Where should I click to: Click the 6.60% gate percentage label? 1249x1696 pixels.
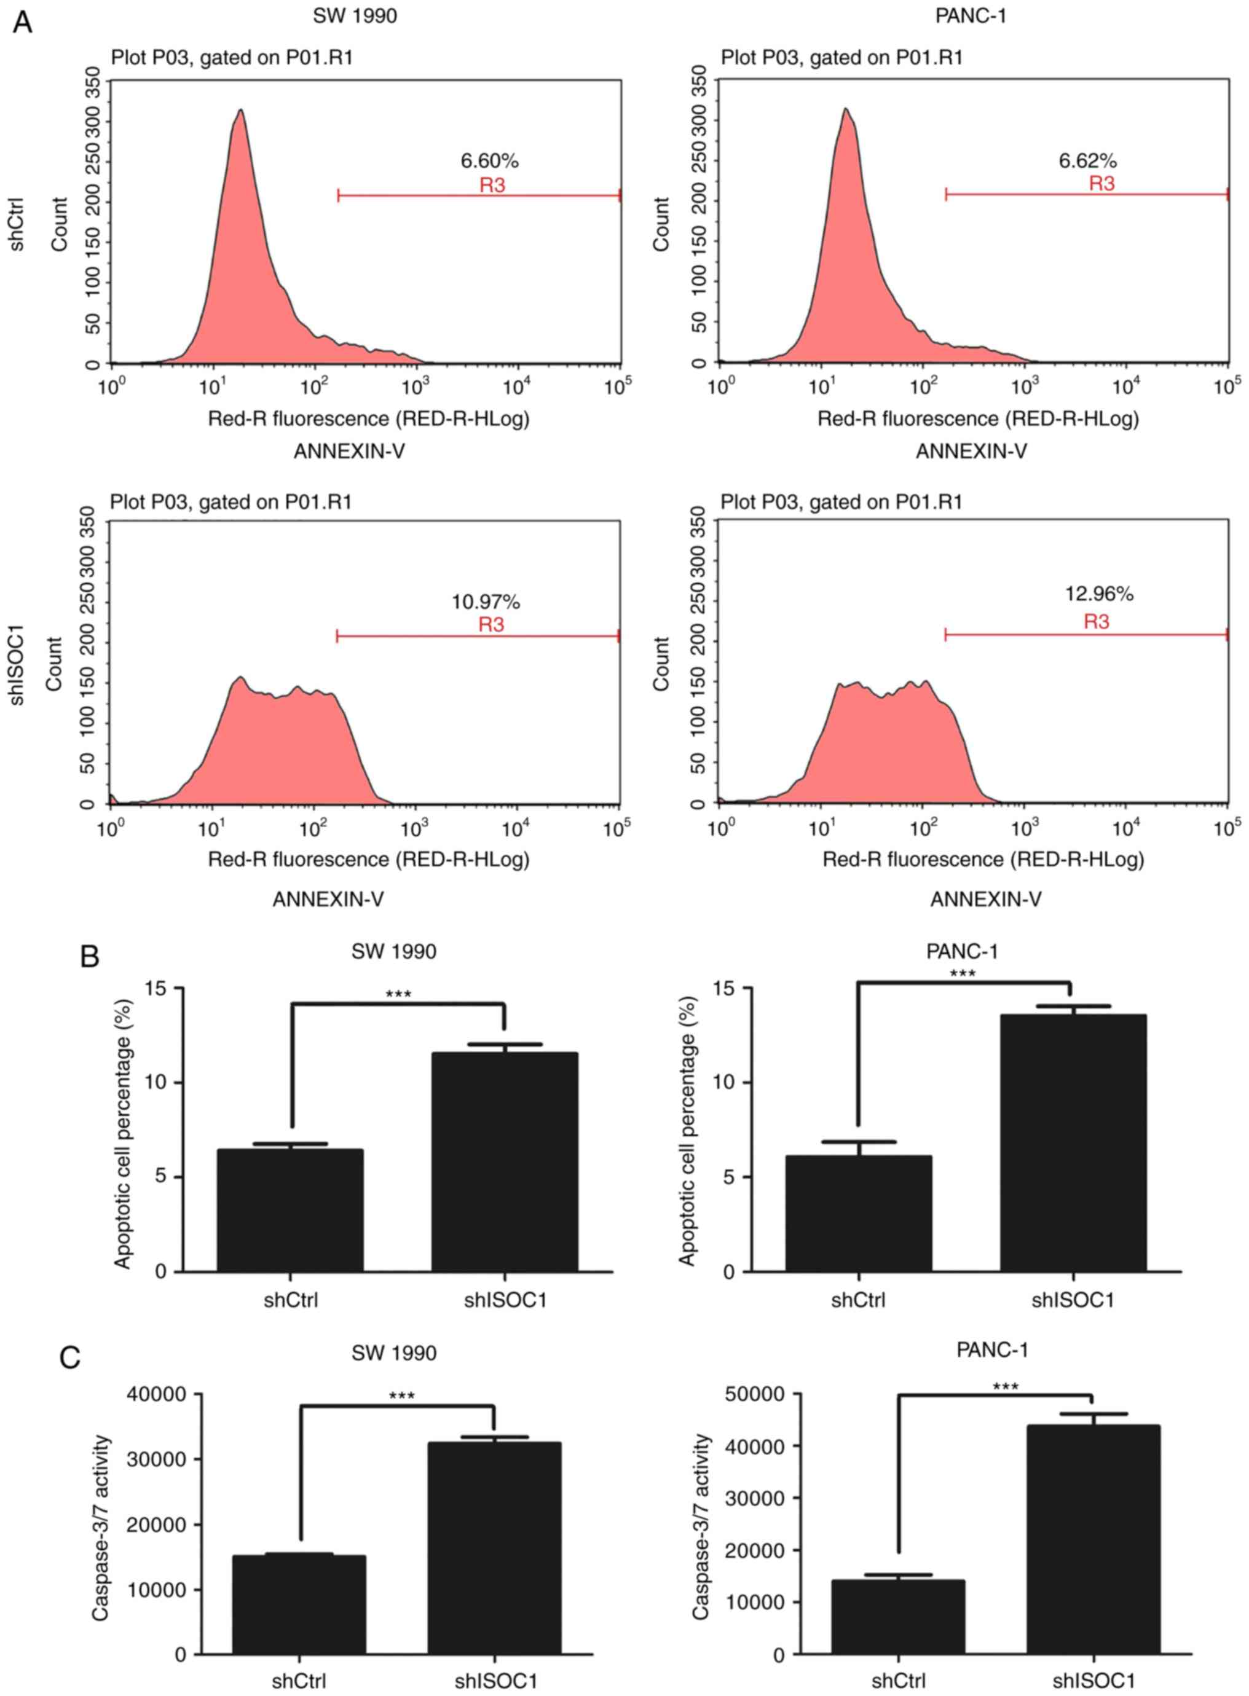489,161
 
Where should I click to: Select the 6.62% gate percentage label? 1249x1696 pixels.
1087,161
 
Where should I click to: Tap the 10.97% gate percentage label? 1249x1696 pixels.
486,602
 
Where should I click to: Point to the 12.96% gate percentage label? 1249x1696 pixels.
1098,594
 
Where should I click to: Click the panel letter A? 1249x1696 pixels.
23,23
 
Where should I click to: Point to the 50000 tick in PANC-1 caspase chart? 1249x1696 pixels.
755,1394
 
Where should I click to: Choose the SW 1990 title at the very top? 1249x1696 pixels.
355,16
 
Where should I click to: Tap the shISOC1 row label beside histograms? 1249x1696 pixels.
17,664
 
